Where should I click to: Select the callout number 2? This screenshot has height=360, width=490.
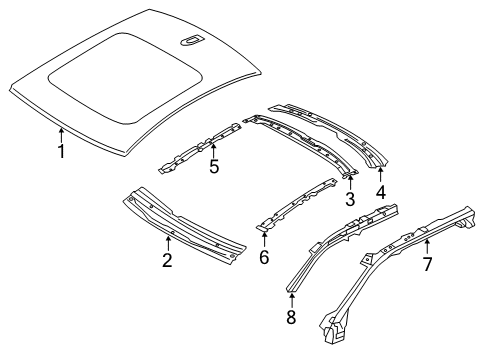(167, 262)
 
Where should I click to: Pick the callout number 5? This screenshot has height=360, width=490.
(213, 167)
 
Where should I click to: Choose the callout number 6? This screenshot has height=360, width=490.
(264, 257)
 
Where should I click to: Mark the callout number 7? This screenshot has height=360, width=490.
(427, 265)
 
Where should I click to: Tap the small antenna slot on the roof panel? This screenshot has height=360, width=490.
(189, 41)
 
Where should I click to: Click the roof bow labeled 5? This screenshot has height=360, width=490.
(200, 144)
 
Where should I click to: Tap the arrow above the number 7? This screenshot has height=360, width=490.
(427, 245)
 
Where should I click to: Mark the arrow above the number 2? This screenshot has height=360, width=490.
(167, 243)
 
